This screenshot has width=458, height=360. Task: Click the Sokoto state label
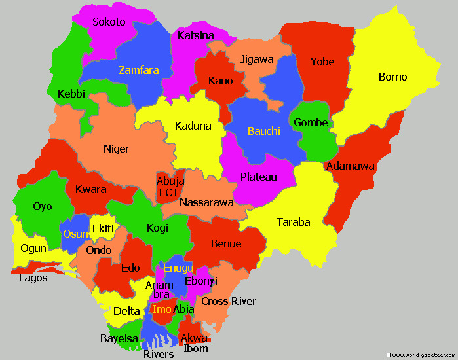click(109, 22)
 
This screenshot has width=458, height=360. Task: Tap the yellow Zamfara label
click(138, 70)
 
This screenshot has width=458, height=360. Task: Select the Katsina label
click(196, 35)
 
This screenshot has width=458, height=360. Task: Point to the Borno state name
click(392, 77)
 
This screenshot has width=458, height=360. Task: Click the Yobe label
click(322, 62)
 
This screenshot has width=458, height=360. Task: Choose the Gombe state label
click(311, 122)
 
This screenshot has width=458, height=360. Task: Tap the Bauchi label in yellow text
click(264, 131)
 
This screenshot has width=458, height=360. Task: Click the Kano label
click(220, 81)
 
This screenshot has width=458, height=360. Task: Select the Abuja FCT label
click(170, 187)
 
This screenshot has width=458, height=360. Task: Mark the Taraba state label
click(293, 222)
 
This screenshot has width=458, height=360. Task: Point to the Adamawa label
click(350, 166)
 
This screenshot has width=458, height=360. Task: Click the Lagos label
click(33, 278)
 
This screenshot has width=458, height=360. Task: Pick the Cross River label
click(228, 301)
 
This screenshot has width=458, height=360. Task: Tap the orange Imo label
click(161, 309)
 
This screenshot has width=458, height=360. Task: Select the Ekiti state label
click(104, 228)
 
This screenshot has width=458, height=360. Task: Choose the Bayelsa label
click(119, 338)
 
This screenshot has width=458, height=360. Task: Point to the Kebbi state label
click(71, 94)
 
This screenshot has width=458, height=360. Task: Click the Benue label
click(226, 243)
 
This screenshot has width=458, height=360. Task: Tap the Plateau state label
click(258, 177)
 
